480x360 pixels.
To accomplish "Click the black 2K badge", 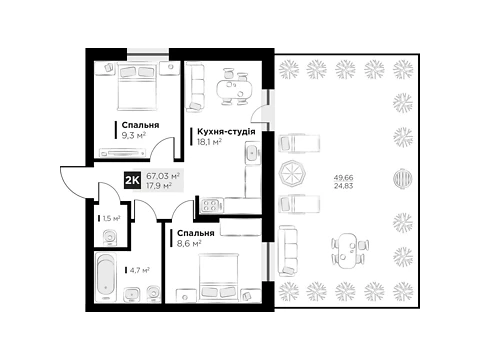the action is [132, 180].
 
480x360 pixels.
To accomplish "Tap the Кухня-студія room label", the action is [226, 132].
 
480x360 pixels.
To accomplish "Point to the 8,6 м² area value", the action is [189, 243].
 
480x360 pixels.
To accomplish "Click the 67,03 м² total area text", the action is [163, 175].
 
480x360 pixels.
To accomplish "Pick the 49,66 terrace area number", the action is [343, 178].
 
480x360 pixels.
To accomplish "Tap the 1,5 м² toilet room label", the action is [111, 218].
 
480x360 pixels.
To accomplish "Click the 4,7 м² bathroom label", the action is [139, 270].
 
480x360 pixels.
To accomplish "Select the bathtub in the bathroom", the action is [106, 277].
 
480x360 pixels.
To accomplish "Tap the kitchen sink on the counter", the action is [253, 153].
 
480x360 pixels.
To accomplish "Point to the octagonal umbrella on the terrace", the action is [290, 172].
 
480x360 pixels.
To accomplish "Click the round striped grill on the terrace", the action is [403, 177].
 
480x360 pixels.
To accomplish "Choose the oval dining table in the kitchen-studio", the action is [233, 89].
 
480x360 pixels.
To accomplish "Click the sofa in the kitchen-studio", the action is [195, 87].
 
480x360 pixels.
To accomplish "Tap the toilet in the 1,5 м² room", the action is [109, 237].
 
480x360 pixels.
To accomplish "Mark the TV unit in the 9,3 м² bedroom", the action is [123, 153].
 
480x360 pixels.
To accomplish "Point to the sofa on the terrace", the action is [287, 251].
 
